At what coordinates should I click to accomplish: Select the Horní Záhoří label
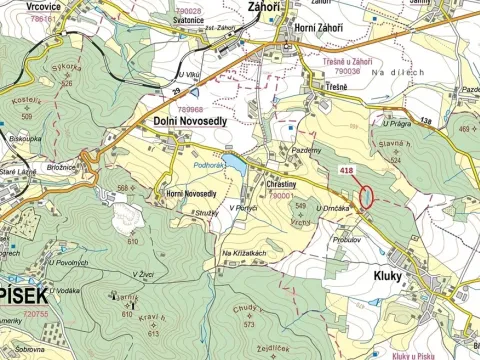pyautogui.click(x=301, y=29)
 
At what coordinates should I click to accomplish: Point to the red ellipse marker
pyautogui.click(x=366, y=197)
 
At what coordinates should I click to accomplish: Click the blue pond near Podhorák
pyautogui.click(x=233, y=161)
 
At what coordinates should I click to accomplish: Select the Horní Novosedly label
pyautogui.click(x=190, y=193)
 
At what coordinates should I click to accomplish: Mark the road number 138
pyautogui.click(x=425, y=121)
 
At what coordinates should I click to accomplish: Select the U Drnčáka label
pyautogui.click(x=332, y=207)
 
